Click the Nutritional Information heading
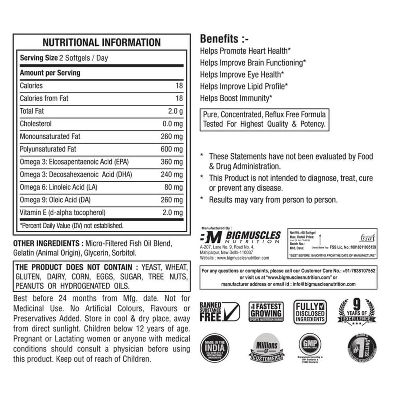coord(102,42)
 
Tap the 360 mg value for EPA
coord(171,162)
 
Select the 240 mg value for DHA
coord(171,174)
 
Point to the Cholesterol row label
coord(36,124)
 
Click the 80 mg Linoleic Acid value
coord(173,187)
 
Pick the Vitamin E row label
coord(63,213)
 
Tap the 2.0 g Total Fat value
coord(175,111)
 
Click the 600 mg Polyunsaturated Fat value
coord(171,149)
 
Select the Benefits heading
coord(224,39)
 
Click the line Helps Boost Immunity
coord(236,98)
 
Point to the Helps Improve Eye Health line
coord(242,74)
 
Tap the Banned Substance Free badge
coord(220,312)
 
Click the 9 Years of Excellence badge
coord(357,312)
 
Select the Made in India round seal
coord(215,348)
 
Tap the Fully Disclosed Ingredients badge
coord(310,312)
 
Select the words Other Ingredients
coord(46,244)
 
